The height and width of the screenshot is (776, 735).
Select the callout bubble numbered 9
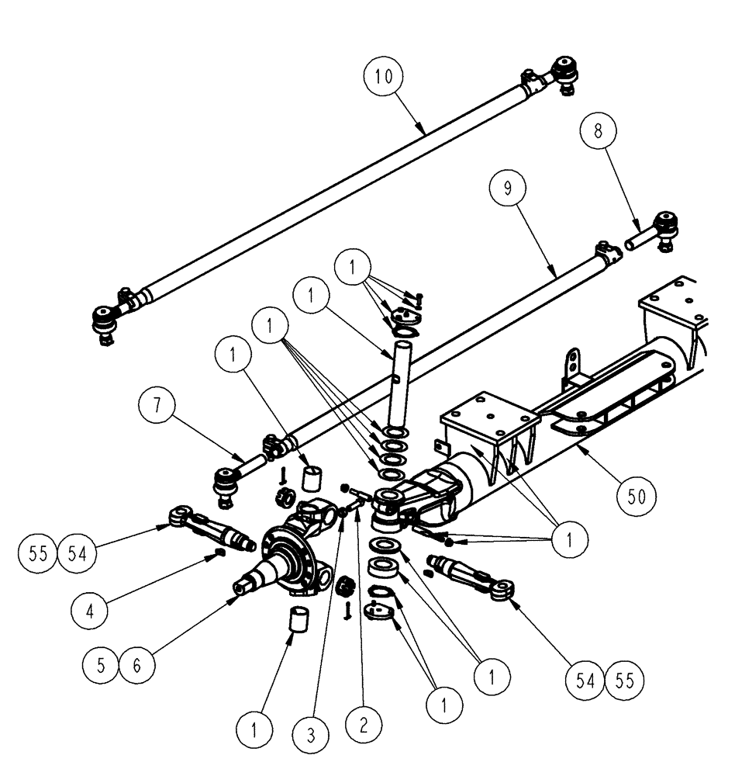[x=508, y=189]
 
